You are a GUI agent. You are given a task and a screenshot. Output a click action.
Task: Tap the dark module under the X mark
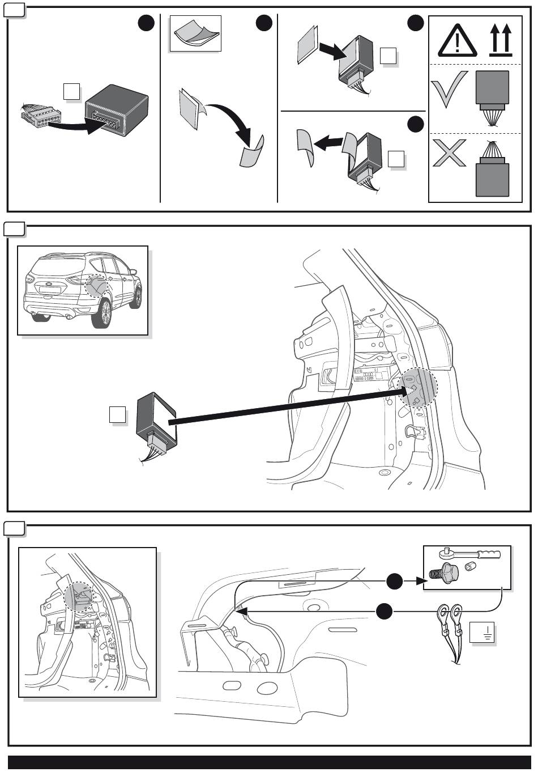pos(492,179)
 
